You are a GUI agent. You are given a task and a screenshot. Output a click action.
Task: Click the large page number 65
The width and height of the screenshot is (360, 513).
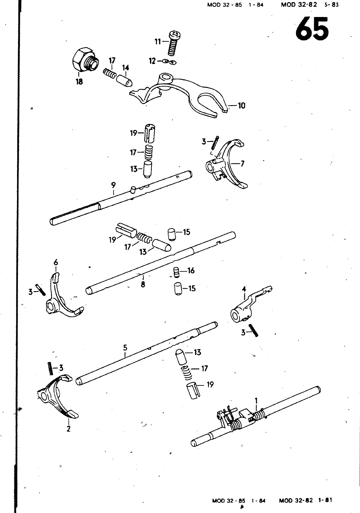pyautogui.click(x=312, y=29)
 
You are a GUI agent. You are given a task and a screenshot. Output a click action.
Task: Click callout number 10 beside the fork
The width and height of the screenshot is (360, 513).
pyautogui.click(x=242, y=105)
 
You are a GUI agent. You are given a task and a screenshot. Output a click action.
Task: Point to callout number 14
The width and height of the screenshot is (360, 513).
pyautogui.click(x=125, y=68)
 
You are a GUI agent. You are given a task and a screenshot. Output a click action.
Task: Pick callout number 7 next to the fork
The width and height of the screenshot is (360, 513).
pyautogui.click(x=242, y=164)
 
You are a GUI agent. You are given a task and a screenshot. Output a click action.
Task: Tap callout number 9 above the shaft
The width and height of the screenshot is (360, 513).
pyautogui.click(x=113, y=185)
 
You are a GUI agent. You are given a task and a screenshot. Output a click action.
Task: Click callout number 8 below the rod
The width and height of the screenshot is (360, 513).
pyautogui.click(x=143, y=284)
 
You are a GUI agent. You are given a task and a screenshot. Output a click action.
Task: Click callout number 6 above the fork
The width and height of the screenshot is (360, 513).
pyautogui.click(x=56, y=263)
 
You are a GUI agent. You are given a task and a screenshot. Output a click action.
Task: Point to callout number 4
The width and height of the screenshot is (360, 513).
pyautogui.click(x=244, y=289)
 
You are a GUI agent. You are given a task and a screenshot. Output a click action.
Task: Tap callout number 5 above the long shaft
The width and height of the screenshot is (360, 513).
pyautogui.click(x=125, y=348)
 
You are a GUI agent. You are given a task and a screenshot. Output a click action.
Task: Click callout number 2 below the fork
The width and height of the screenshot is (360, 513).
pyautogui.click(x=69, y=429)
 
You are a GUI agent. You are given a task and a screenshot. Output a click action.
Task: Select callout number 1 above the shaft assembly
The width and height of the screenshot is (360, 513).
pyautogui.click(x=256, y=400)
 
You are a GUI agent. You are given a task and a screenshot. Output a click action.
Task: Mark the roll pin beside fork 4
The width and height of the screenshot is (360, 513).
pyautogui.click(x=253, y=330)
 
